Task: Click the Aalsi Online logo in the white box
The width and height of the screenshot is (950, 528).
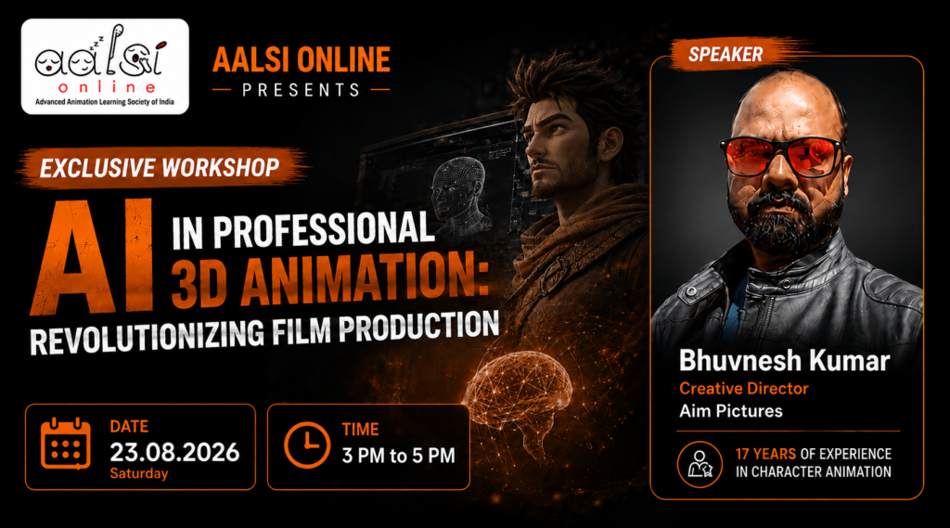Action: [105, 66]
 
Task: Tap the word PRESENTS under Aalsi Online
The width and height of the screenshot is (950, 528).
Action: [302, 90]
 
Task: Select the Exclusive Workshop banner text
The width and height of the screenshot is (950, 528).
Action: [160, 168]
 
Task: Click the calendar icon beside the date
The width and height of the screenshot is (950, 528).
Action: [66, 444]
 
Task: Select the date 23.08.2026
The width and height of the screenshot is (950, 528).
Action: [174, 452]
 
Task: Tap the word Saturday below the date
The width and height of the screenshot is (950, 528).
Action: [139, 473]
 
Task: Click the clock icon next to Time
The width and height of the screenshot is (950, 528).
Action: [306, 445]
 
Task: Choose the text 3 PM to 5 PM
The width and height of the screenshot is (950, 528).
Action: [398, 456]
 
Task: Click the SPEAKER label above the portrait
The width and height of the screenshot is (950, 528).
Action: [725, 55]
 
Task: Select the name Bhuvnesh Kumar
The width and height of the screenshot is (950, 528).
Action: [784, 361]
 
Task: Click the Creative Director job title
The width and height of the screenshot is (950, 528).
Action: [743, 389]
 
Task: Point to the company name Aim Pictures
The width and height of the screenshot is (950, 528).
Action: [731, 411]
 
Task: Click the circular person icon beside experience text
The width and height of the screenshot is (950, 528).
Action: [700, 464]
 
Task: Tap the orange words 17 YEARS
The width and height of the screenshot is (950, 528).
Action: [765, 454]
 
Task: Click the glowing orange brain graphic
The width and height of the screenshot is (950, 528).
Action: [519, 394]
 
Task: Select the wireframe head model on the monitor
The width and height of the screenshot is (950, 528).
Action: [458, 193]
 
